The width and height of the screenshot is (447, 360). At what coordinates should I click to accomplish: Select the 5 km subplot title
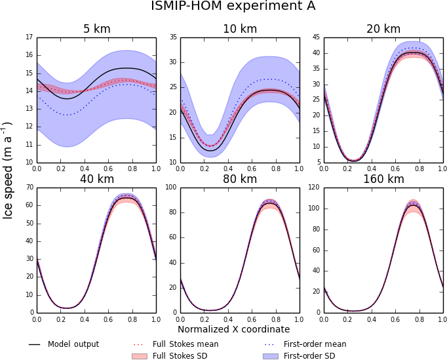pos(96,29)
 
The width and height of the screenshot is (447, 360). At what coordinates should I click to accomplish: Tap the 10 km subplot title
pos(240,29)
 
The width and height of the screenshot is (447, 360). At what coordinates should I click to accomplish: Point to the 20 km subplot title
pos(383,29)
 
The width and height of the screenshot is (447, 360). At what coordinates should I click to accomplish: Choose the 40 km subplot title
pos(96,179)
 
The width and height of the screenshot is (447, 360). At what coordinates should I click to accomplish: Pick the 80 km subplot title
pos(240,179)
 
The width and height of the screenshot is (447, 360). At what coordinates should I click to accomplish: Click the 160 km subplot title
pos(383,179)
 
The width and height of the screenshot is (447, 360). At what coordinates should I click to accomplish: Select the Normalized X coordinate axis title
pos(233,329)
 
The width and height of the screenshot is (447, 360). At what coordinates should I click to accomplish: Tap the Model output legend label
pos(73,344)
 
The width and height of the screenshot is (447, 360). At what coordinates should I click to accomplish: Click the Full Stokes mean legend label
pos(185,344)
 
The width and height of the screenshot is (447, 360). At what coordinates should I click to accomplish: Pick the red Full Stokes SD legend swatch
pos(138,356)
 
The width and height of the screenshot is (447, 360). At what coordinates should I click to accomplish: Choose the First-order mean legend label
pos(315,344)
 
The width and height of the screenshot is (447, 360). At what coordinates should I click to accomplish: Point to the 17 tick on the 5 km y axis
pos(29,37)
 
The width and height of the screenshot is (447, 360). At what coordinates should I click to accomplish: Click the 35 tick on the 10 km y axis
pos(173,37)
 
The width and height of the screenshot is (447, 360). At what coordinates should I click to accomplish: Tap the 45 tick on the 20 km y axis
pos(317,37)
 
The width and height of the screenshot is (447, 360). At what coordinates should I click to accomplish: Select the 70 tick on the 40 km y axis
pos(29,188)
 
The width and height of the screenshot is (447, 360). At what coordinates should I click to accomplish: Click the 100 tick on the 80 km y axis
pos(172,188)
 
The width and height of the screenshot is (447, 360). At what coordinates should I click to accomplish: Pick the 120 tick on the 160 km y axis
pos(315,188)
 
